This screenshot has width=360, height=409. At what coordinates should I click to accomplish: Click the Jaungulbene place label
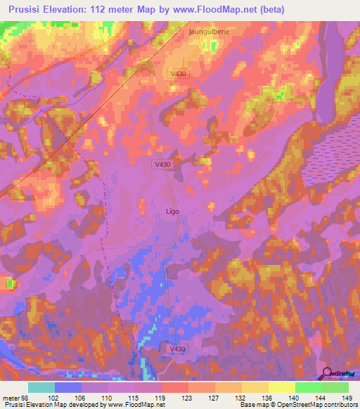[x=210, y=32]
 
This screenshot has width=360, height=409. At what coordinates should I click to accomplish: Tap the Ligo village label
[x=172, y=210]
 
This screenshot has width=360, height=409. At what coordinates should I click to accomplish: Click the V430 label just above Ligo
[x=162, y=164]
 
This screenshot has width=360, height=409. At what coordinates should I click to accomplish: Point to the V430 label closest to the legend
[x=177, y=349]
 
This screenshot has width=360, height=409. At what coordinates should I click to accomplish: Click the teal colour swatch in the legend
[x=41, y=387]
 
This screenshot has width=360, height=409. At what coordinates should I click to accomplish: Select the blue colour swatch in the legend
[x=68, y=387]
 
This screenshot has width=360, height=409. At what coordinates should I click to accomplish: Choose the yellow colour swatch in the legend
[x=282, y=387]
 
